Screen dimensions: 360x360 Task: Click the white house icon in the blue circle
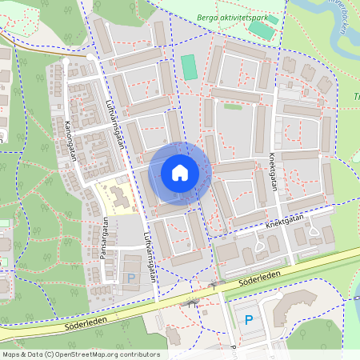180,172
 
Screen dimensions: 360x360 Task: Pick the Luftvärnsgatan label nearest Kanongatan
116,126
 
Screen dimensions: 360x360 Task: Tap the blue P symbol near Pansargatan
131,278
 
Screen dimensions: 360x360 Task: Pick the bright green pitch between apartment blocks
189,66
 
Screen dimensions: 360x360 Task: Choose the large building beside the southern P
293,309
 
